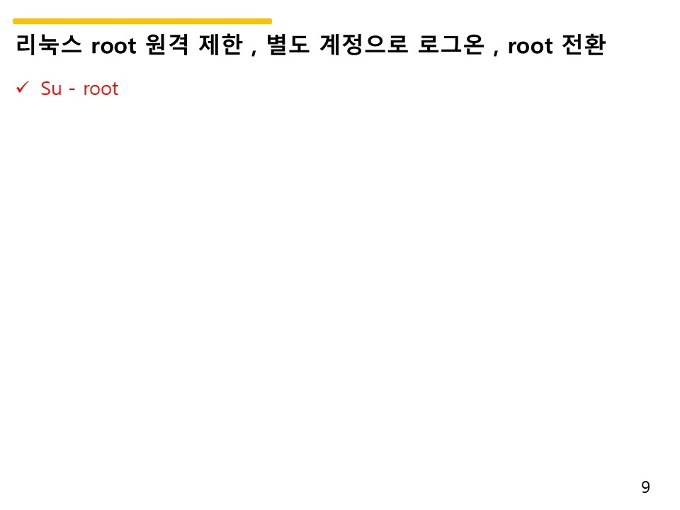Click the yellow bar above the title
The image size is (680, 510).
coord(142,21)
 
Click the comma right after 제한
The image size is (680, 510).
coord(254,52)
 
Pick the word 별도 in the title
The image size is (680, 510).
coord(288,47)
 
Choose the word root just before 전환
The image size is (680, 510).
coord(532,47)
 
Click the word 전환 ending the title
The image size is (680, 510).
coord(586,47)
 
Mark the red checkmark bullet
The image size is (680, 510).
coord(21,88)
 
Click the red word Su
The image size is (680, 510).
coord(51,89)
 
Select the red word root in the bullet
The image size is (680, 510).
coord(101,89)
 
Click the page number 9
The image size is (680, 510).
coord(645,487)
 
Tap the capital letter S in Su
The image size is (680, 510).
coord(46,89)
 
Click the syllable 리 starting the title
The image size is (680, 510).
coord(25,47)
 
